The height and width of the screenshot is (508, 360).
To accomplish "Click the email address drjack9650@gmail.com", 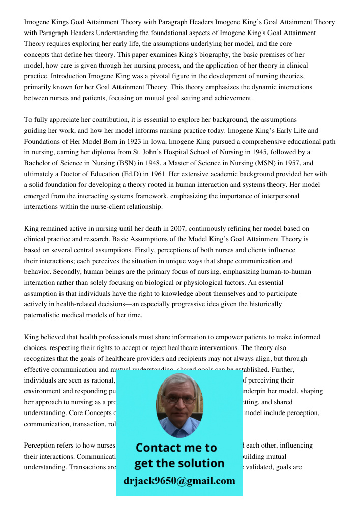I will click(x=179, y=481).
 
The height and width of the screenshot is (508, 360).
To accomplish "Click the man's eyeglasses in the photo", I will click(x=180, y=399).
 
